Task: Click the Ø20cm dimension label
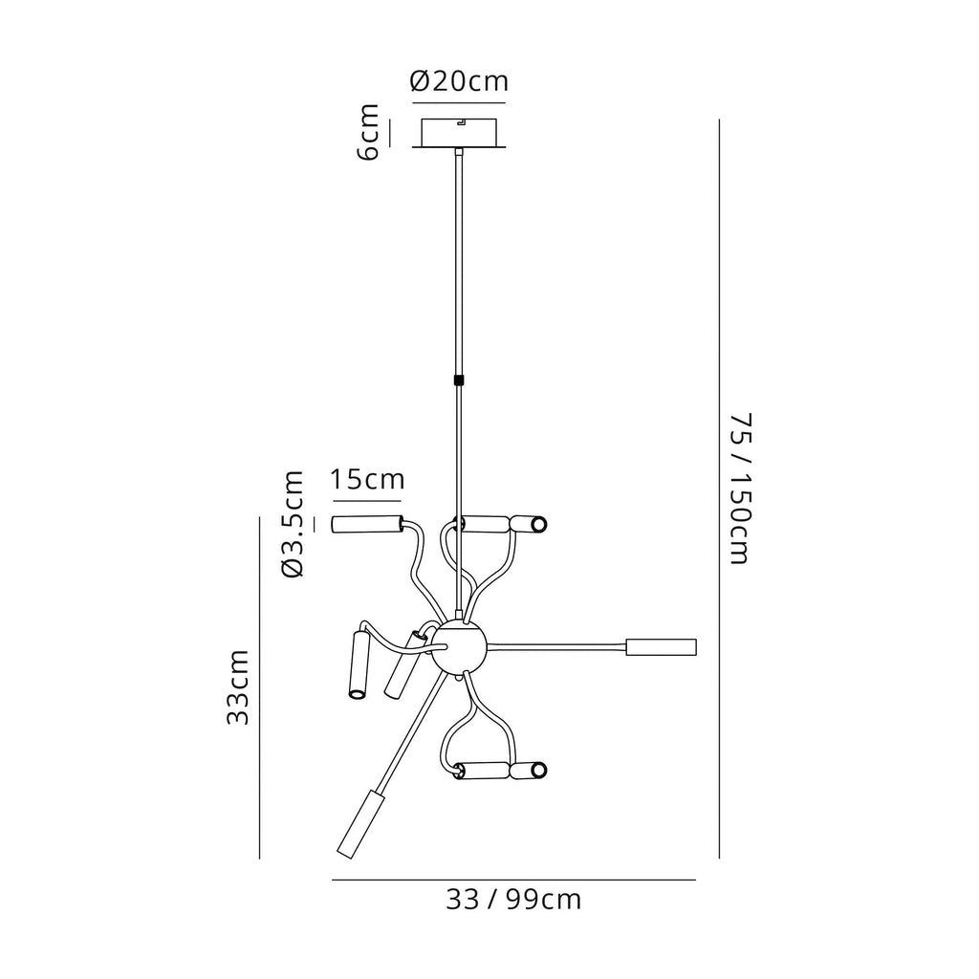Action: pos(459,82)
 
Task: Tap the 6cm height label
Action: pos(370,133)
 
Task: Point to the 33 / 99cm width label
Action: pos(513,900)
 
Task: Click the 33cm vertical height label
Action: pos(238,686)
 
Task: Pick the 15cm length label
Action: pos(367,479)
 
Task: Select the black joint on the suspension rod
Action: pos(460,380)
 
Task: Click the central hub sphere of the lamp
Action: pos(460,647)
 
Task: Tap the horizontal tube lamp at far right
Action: pos(661,646)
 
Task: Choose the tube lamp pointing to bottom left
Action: pos(359,823)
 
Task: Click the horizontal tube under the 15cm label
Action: pos(367,523)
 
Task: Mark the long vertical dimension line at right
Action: pos(719,489)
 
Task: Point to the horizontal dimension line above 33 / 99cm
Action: pos(513,880)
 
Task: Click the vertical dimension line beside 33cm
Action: pos(260,686)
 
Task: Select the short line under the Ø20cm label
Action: pos(459,101)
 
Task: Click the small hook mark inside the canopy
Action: pos(460,122)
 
